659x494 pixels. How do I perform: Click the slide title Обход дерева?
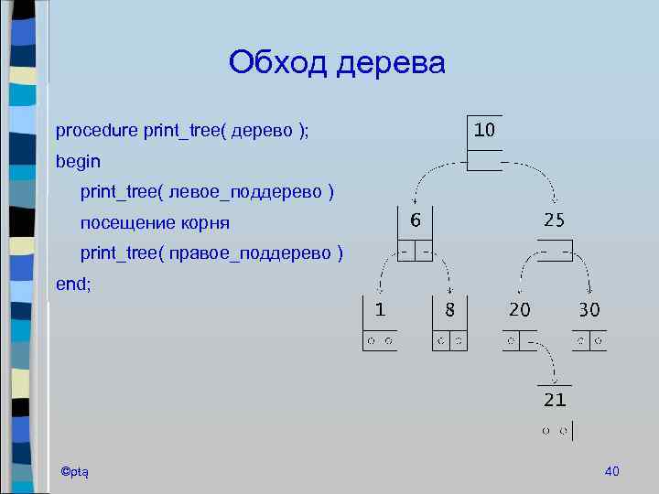coord(337,63)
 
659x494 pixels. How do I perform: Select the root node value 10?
coord(485,129)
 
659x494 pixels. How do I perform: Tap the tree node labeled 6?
coord(416,220)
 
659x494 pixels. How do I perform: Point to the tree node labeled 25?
coord(555,220)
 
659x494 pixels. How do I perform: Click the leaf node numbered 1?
coord(379,309)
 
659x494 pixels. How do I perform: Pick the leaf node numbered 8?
coord(449,309)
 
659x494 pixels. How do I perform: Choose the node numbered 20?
coord(519,309)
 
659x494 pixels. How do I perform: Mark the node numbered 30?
coord(589,309)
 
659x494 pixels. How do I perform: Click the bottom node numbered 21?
coord(555,400)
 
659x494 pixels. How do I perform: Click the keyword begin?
coord(78,161)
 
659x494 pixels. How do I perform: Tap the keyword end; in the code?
coord(73,284)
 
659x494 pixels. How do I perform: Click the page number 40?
coord(612,470)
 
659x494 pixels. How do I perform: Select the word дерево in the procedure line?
coord(265,131)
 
